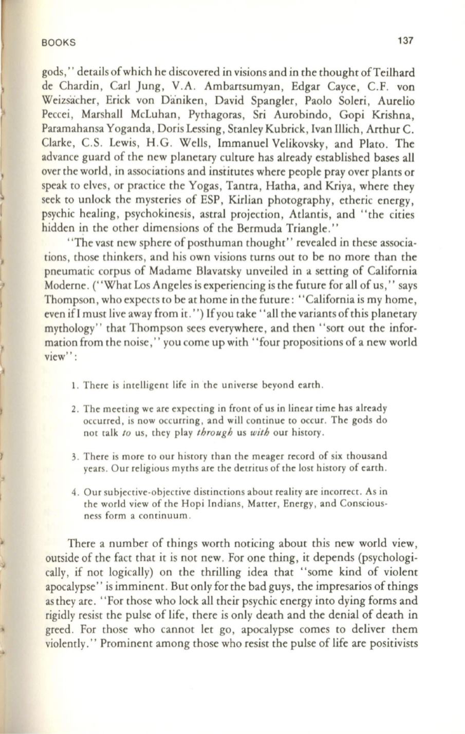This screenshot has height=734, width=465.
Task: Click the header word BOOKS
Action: click(x=58, y=43)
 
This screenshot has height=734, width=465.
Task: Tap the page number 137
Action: click(x=405, y=41)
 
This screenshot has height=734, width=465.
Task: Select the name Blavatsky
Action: click(x=180, y=271)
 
